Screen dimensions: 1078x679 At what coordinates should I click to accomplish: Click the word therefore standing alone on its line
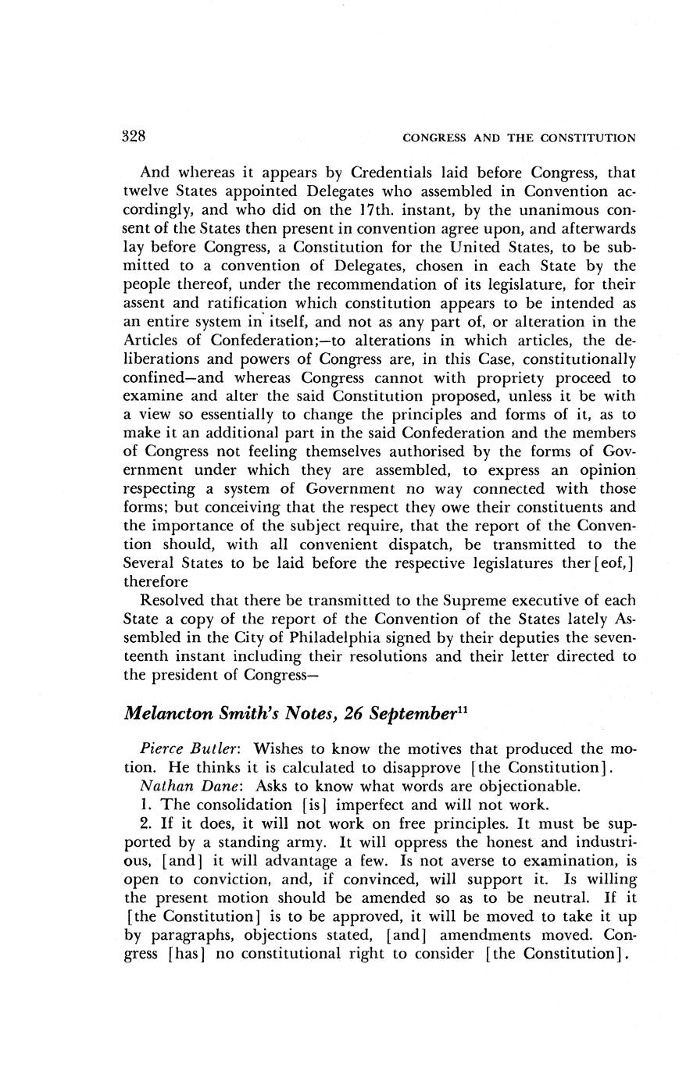155,582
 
